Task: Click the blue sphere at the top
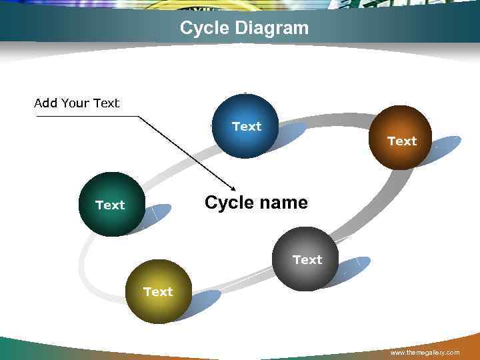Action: [245, 126]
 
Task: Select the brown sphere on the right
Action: [401, 138]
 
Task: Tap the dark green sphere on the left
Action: [110, 204]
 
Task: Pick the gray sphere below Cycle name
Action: [306, 259]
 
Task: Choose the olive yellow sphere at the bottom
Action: [157, 292]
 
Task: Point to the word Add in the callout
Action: [45, 103]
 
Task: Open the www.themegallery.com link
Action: [425, 352]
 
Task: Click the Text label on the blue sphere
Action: [247, 126]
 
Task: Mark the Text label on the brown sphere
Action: [402, 141]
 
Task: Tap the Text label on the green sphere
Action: [110, 205]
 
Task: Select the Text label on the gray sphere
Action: [307, 259]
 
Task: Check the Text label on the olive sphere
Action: [158, 292]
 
